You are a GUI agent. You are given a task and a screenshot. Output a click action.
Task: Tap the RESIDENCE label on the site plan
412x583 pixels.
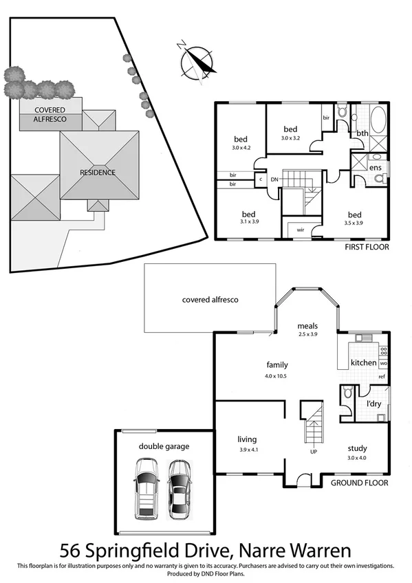[98, 172]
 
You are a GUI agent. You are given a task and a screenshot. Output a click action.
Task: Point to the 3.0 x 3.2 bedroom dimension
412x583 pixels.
[290, 138]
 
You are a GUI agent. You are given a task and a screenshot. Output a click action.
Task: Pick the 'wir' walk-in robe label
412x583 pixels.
[301, 230]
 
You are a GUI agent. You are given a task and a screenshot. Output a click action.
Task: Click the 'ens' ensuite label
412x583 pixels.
[376, 167]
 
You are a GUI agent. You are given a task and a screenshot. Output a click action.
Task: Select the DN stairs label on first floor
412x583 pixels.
[274, 179]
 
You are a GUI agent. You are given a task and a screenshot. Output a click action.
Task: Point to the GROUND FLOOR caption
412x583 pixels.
[359, 483]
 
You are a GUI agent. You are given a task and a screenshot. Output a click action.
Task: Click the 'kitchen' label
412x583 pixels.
[364, 362]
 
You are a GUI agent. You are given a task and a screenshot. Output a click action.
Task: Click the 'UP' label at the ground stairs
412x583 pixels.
[314, 452]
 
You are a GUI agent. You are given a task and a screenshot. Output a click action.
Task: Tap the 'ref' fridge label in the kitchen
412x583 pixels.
[382, 377]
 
